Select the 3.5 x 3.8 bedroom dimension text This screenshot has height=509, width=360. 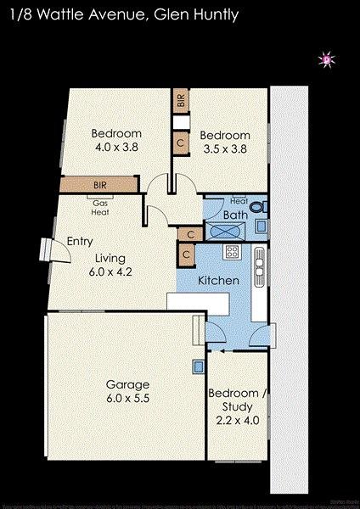(225, 148)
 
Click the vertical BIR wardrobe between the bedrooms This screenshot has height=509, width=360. (181, 100)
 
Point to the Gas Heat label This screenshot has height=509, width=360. (100, 208)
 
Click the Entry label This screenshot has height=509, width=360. (79, 242)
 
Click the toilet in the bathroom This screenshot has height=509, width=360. (260, 206)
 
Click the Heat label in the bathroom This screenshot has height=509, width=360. (239, 202)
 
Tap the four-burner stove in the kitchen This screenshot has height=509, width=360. (232, 252)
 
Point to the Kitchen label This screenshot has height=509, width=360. (218, 281)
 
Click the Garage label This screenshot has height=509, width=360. (126, 383)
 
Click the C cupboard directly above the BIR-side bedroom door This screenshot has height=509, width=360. (181, 143)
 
